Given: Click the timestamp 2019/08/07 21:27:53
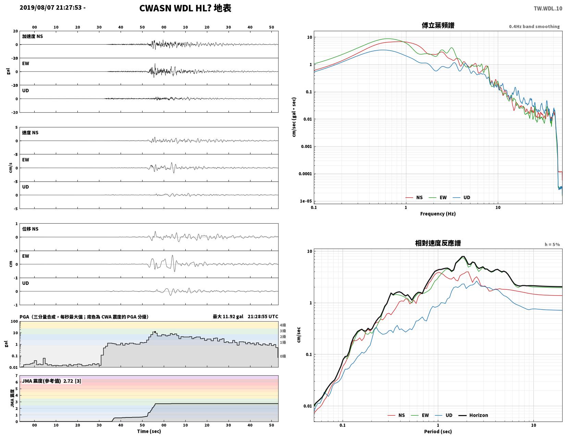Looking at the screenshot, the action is [50, 8].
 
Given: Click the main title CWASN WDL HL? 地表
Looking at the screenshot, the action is [185, 8].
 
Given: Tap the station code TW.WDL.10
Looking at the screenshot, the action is [548, 9].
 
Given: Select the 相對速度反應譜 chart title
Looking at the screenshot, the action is [438, 243].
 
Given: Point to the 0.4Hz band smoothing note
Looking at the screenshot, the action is [534, 27].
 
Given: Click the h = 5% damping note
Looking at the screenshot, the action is [552, 245].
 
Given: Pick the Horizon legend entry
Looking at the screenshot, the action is [473, 415].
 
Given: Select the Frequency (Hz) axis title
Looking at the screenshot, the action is [438, 214].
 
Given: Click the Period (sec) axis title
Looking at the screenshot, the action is [438, 431].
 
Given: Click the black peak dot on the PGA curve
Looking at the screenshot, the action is [155, 332].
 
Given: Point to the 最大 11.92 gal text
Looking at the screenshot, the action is [227, 316].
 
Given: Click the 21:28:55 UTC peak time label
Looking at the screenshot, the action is [262, 316].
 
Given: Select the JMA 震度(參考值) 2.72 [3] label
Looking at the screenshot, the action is [51, 381].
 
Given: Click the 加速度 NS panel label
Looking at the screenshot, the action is [32, 36].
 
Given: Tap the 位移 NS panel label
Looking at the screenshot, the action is [30, 229].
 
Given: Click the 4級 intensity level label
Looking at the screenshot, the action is [283, 325].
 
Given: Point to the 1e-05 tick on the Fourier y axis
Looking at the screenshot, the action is [306, 201].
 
